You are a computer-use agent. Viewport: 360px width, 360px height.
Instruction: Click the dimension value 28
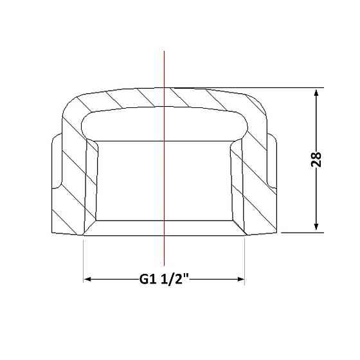point(316,159)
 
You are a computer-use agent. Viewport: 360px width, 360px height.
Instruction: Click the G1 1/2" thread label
point(164,279)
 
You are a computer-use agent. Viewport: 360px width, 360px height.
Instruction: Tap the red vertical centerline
point(164,158)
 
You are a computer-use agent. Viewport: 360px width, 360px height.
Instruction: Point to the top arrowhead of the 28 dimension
point(316,94)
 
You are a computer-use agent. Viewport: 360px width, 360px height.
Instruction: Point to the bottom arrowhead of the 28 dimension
point(316,226)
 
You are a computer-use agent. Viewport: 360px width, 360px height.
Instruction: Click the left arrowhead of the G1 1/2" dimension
point(87,279)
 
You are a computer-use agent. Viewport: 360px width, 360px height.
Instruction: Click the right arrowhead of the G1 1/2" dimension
point(240,279)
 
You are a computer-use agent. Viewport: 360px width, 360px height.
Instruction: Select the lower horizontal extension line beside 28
point(303,233)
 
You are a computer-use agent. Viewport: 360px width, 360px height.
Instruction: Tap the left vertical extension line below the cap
point(83,260)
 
